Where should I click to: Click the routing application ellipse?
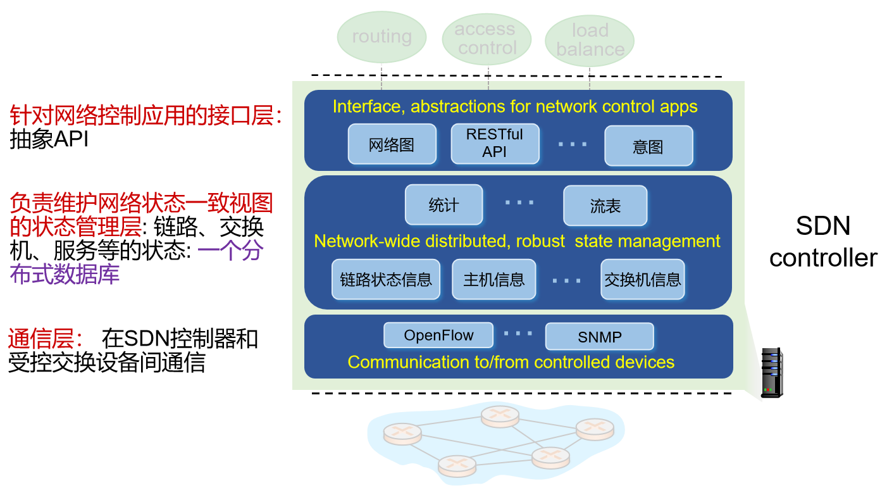(x=381, y=37)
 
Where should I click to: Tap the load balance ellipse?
(x=590, y=40)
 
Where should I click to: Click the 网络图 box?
(x=392, y=145)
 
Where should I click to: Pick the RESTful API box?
(x=495, y=143)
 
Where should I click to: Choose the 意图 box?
(x=648, y=146)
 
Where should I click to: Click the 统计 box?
(x=443, y=205)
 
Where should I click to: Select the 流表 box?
(x=605, y=205)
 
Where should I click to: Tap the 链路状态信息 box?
(x=385, y=279)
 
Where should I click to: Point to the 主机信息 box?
(x=493, y=279)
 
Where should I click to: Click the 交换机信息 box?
(x=642, y=279)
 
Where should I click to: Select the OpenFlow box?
(x=438, y=335)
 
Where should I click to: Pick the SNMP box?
(x=599, y=337)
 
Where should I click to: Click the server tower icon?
(x=771, y=373)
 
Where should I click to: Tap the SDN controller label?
(x=823, y=241)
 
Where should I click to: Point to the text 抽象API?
(x=49, y=139)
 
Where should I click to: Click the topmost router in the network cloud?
(x=500, y=416)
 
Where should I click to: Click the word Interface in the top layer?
(x=366, y=106)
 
